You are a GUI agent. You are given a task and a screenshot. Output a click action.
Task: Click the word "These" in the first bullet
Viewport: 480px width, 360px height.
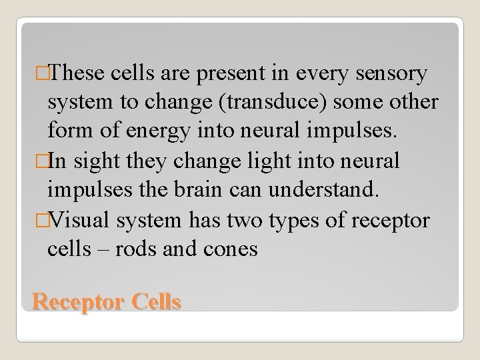72,73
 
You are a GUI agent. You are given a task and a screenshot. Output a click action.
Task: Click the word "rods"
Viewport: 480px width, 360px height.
137,248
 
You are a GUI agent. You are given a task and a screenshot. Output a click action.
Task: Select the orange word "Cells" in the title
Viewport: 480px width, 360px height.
156,303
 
